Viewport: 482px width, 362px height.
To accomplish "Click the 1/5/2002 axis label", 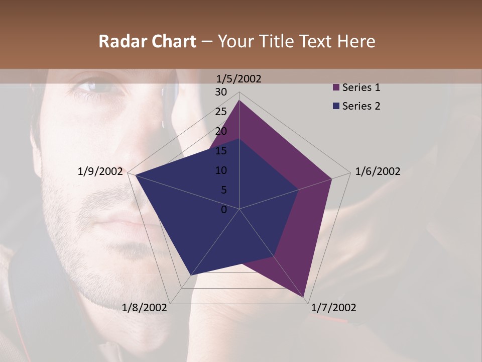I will click(x=239, y=78).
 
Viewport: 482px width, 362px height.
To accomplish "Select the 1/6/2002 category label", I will click(x=378, y=171).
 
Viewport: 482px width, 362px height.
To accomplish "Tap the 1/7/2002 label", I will click(x=333, y=308).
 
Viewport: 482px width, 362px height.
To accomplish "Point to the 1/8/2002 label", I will click(x=145, y=308).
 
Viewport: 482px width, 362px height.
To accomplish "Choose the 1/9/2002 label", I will click(x=100, y=171).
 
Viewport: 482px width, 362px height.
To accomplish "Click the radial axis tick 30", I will click(x=221, y=92).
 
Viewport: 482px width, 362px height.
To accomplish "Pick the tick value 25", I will click(x=221, y=112).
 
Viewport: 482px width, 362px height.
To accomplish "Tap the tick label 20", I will click(x=221, y=131).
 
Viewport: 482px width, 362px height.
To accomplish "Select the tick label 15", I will click(x=221, y=151).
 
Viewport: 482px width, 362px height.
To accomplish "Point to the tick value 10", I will click(x=221, y=170).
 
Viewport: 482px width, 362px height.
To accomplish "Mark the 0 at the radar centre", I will click(x=224, y=210).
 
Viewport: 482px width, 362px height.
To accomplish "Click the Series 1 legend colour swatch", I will click(x=336, y=88).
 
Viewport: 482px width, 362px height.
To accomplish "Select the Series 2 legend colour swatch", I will click(x=336, y=106).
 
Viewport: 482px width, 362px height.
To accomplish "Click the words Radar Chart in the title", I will click(x=147, y=42).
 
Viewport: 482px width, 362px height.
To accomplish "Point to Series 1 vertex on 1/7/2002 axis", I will click(x=305, y=297).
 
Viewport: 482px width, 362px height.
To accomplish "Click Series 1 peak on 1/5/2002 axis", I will click(x=239, y=101).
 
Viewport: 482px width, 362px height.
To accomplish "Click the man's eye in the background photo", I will click(x=98, y=86).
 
